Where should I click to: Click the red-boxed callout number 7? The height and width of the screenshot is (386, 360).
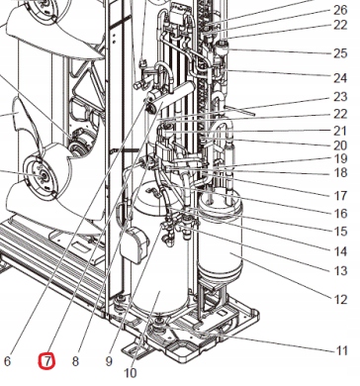tap(45, 361)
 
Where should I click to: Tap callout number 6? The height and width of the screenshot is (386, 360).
tap(8, 361)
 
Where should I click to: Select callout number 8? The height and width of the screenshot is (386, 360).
tap(75, 361)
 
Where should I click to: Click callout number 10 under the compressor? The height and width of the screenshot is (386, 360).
tap(131, 373)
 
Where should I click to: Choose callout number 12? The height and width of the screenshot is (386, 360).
tap(341, 299)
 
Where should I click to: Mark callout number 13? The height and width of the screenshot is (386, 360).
tap(341, 270)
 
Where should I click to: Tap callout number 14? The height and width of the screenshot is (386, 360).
tap(341, 250)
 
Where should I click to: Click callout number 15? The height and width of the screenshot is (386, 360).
tap(341, 232)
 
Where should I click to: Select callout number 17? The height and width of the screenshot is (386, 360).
tap(341, 195)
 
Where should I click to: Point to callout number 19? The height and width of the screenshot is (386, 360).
tap(341, 158)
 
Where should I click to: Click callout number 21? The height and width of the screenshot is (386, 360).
tap(341, 131)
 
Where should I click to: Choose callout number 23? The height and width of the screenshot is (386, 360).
tap(341, 97)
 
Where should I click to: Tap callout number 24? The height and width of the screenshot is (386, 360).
tap(341, 75)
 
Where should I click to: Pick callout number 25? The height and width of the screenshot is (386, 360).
tap(341, 52)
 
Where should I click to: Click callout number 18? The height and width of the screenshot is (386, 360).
tap(341, 172)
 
